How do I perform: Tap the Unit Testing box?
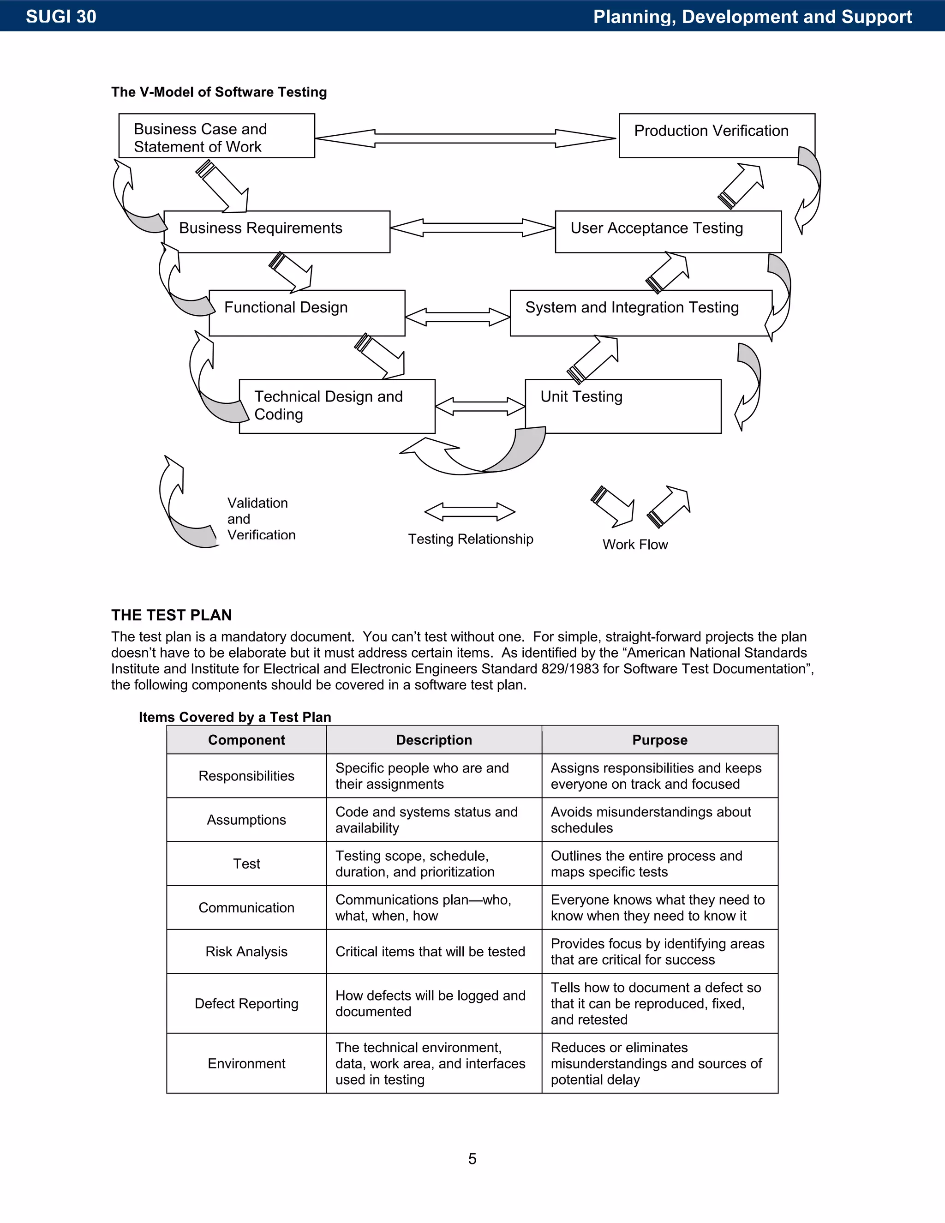pos(622,406)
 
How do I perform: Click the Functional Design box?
pos(307,312)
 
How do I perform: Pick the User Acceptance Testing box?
pos(668,231)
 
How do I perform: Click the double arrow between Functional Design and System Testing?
pos(457,317)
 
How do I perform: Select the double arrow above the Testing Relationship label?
pos(470,511)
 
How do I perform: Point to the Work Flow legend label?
pos(635,544)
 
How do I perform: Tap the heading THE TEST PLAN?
pos(171,615)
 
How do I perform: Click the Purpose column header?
pos(659,740)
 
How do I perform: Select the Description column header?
pos(434,740)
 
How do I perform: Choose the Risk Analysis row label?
pos(246,952)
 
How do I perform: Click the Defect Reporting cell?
pos(246,1003)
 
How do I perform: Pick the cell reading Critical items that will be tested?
pos(430,952)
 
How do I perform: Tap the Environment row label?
pos(246,1063)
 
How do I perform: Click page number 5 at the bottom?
pos(472,1158)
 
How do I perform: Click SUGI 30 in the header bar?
pos(61,16)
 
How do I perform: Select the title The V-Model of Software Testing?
pos(219,92)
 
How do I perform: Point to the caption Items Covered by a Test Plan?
pos(234,717)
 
